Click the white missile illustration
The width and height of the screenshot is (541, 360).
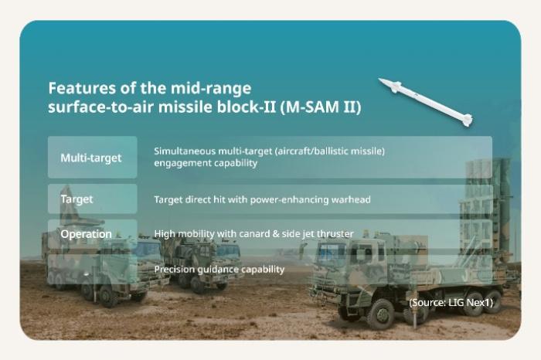coord(425,102)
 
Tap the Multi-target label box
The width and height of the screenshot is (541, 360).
coord(93,158)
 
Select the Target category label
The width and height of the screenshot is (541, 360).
coord(77,199)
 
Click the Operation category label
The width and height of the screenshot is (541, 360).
coord(86,234)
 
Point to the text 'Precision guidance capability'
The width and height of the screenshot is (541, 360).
coord(219,270)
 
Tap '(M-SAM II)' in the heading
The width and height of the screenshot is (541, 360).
coord(320,107)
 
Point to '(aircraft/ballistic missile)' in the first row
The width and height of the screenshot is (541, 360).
coord(329,151)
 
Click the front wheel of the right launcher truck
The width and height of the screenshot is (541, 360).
coord(380,314)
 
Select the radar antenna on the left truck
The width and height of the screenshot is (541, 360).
coord(68,203)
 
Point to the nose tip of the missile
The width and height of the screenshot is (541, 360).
coord(379,79)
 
